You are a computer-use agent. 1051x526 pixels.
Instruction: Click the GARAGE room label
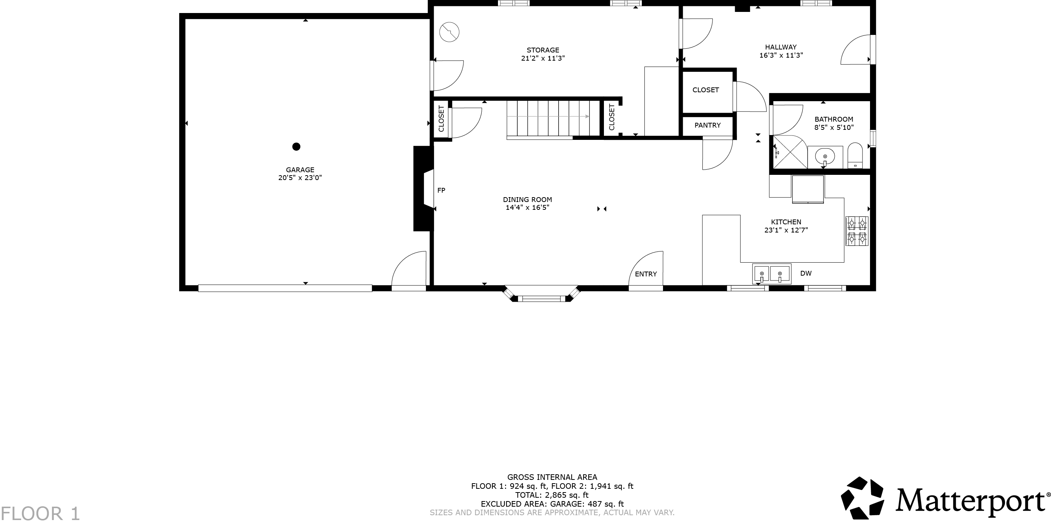(x=300, y=170)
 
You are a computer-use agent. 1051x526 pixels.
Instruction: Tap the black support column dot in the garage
(x=296, y=147)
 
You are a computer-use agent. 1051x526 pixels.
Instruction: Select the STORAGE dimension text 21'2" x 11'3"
(x=543, y=58)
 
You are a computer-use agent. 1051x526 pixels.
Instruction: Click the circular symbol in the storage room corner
(x=449, y=32)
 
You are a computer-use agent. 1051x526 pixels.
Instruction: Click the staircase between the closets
(x=553, y=118)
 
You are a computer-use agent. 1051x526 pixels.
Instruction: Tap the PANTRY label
(x=708, y=125)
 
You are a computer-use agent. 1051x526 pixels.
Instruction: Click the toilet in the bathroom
(x=855, y=155)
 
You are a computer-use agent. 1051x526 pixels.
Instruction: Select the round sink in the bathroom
(x=825, y=156)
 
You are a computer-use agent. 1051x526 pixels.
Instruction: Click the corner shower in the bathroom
(x=789, y=152)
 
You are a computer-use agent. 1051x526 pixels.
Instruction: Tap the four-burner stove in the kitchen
(x=857, y=231)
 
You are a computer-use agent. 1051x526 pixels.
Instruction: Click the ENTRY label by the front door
(x=646, y=274)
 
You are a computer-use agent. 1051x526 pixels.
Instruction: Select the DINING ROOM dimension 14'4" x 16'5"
(x=527, y=208)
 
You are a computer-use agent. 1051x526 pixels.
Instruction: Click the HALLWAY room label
(x=780, y=47)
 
